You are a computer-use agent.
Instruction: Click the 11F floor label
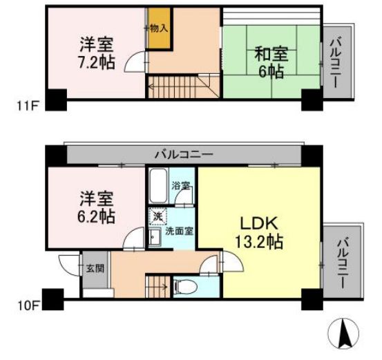(x=26, y=106)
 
